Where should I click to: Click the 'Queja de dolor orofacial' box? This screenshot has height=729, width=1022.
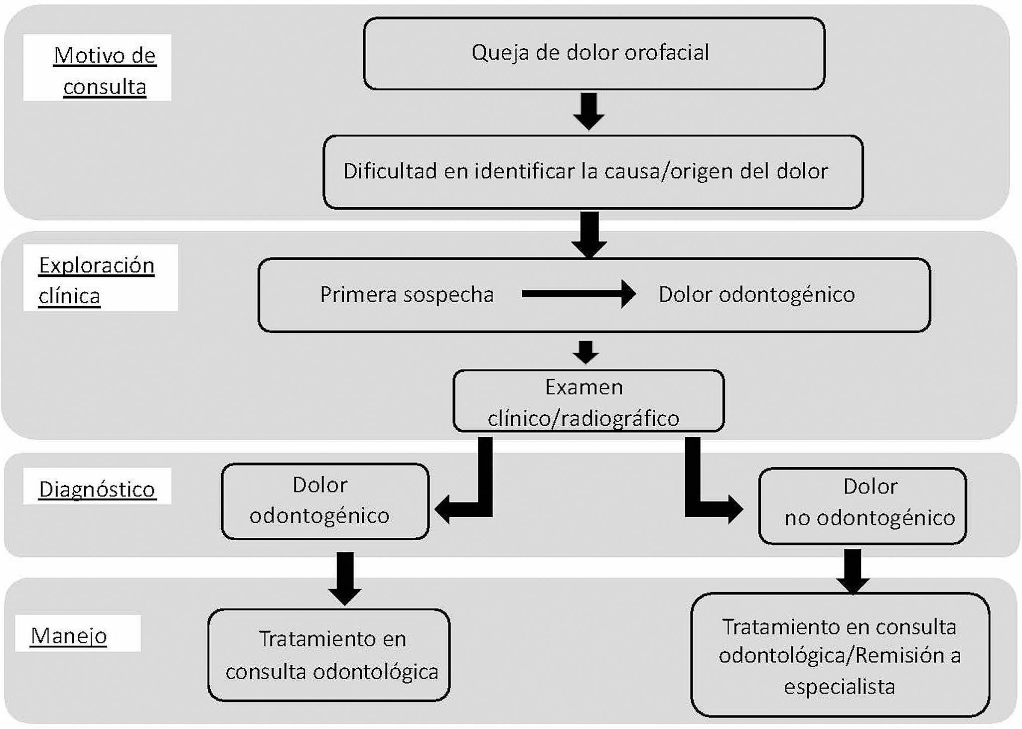click(x=594, y=53)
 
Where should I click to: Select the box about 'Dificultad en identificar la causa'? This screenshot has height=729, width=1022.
click(x=593, y=172)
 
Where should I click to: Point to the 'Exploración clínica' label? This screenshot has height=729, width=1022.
click(x=96, y=280)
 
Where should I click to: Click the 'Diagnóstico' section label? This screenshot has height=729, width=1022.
click(x=97, y=489)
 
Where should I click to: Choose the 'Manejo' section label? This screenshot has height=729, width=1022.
click(x=69, y=635)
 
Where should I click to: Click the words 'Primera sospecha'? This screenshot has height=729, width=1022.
click(x=407, y=294)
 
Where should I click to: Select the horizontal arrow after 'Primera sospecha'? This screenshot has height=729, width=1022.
click(x=578, y=294)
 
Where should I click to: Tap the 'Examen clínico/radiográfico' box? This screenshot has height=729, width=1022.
click(x=588, y=401)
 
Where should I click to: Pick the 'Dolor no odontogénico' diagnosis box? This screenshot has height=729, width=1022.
click(x=863, y=506)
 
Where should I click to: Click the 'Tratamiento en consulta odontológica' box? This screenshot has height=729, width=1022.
click(x=329, y=655)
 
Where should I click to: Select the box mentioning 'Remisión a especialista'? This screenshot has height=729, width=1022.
click(x=840, y=655)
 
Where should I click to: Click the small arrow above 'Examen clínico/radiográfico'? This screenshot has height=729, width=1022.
click(x=585, y=352)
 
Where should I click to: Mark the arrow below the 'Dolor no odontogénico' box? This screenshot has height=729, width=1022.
click(x=853, y=571)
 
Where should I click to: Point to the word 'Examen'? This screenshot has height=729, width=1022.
click(x=584, y=387)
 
